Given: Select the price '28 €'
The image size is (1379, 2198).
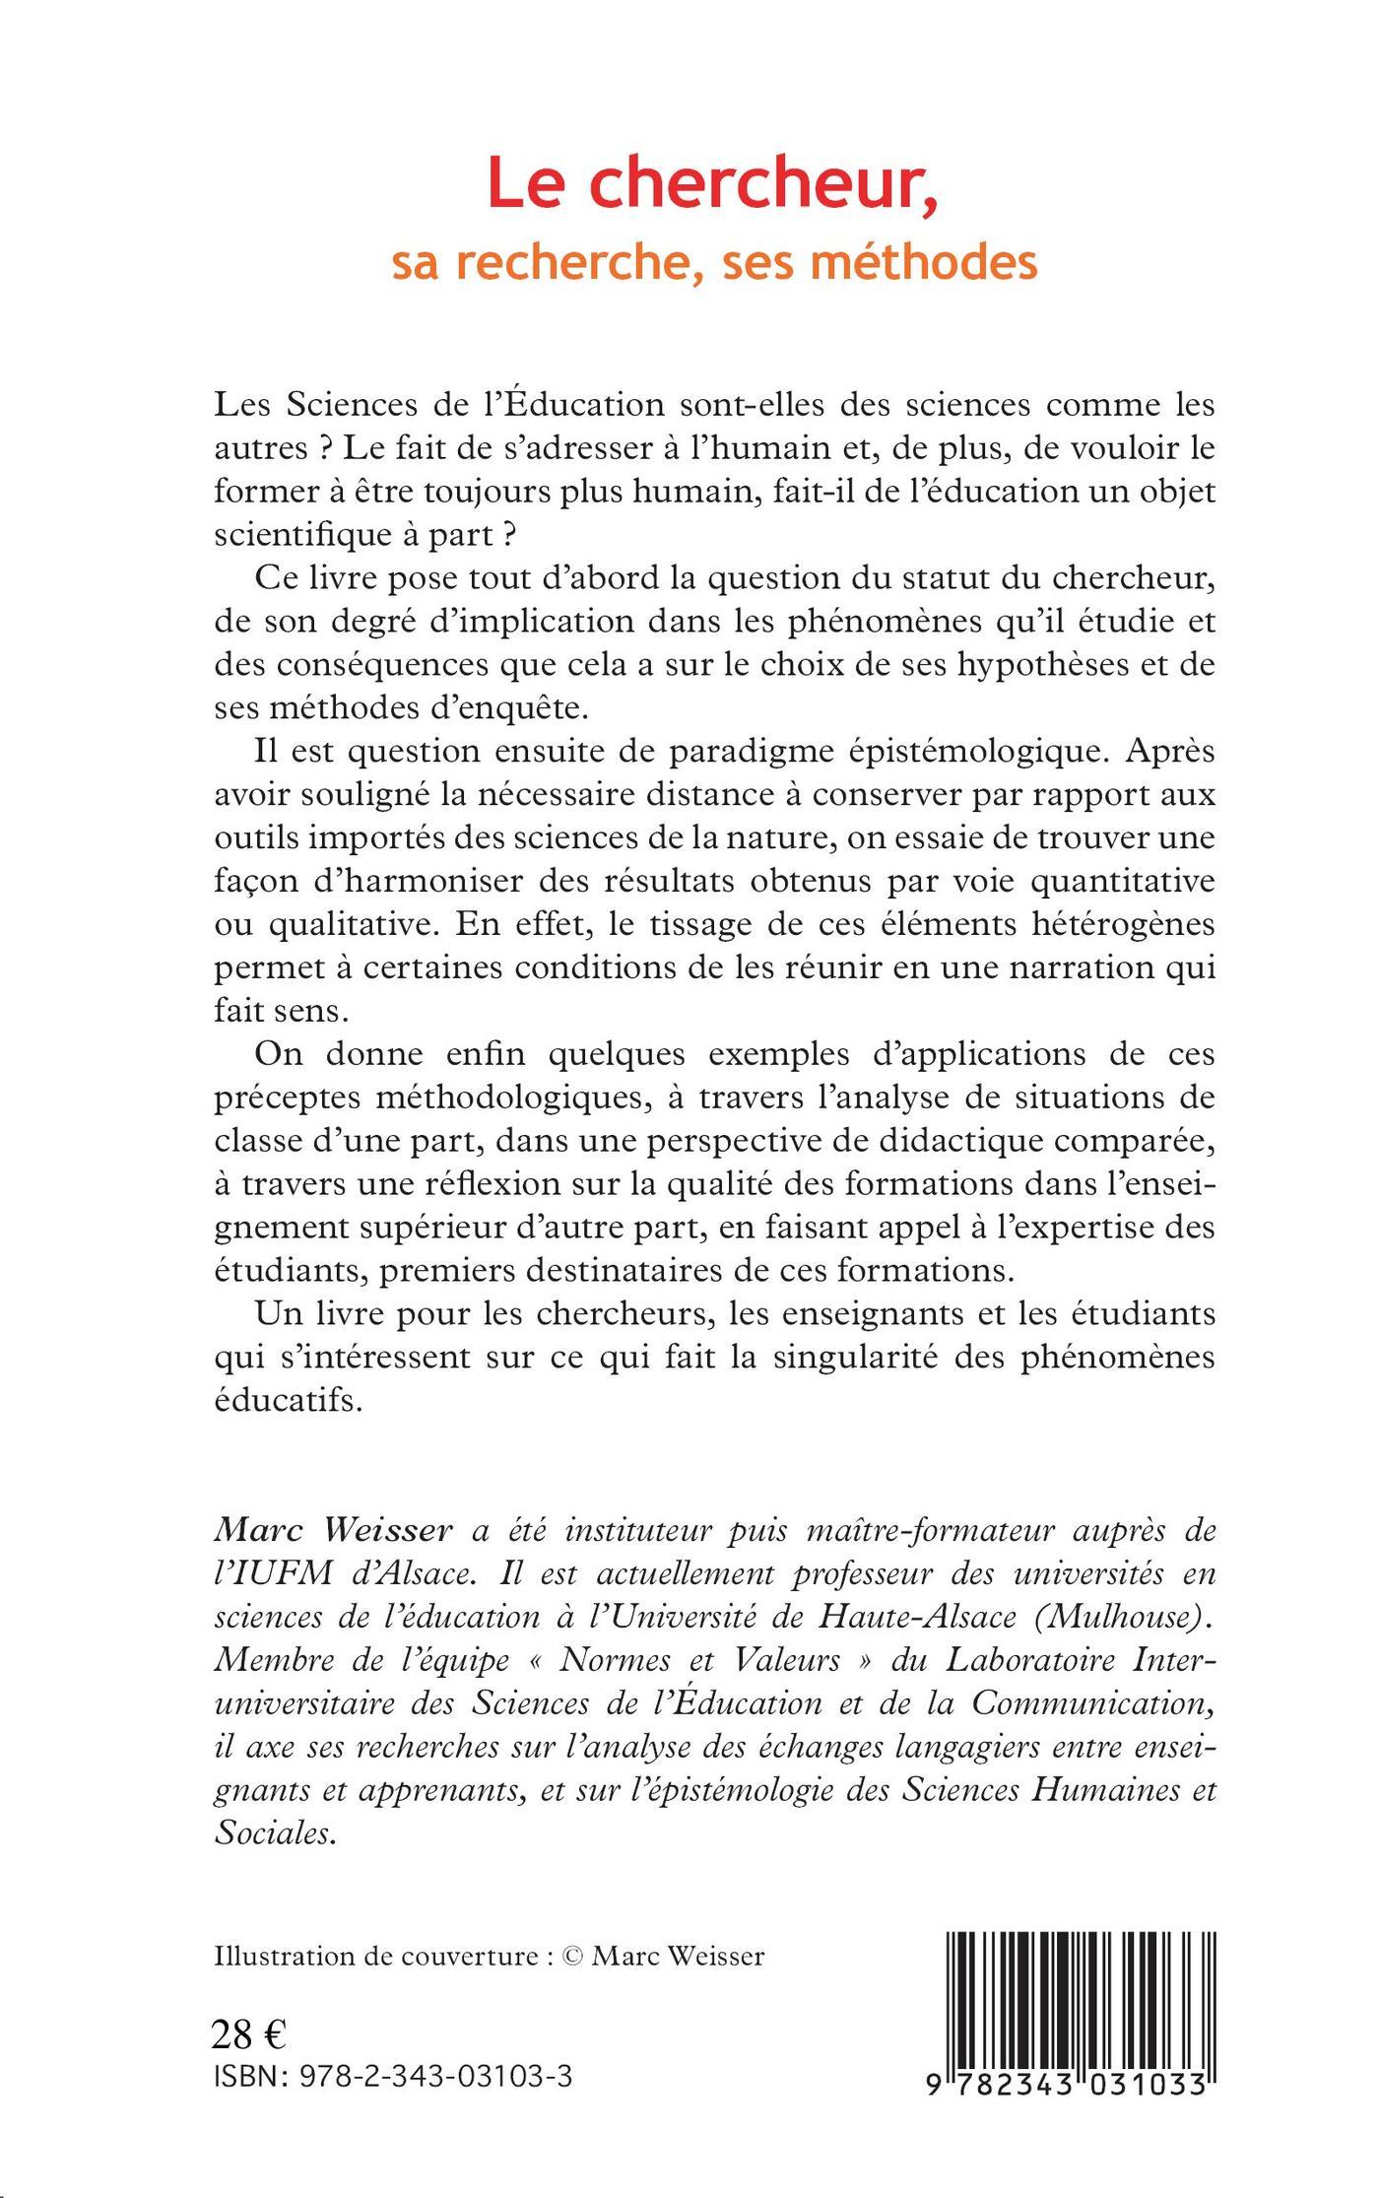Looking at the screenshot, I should point(249,2033).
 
